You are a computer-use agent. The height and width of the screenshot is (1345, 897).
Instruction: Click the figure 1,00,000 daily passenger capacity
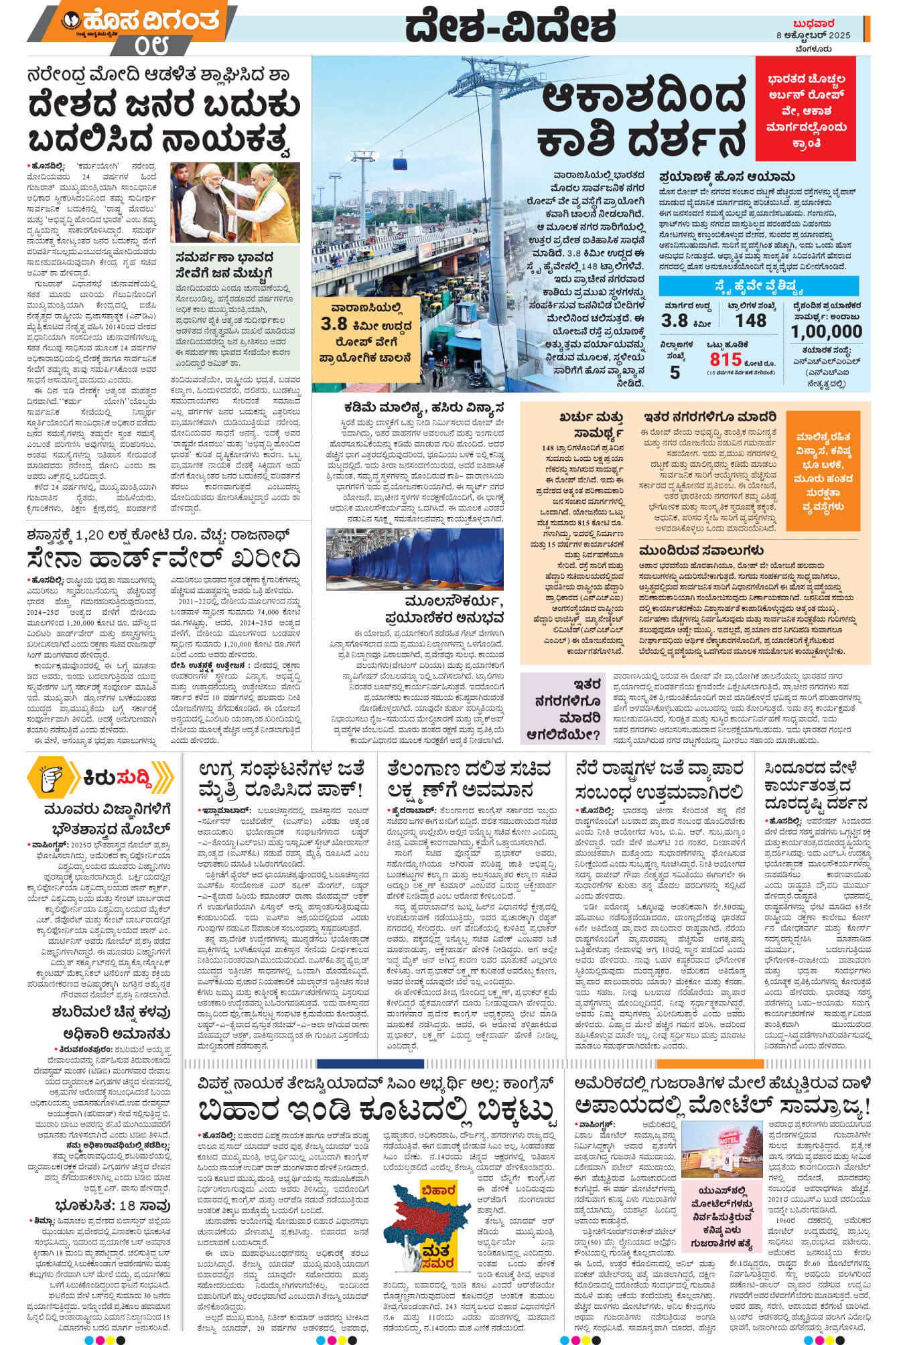(x=826, y=332)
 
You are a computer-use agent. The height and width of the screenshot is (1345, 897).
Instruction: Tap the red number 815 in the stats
(x=726, y=359)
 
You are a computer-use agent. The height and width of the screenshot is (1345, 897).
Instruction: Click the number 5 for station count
(x=675, y=372)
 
